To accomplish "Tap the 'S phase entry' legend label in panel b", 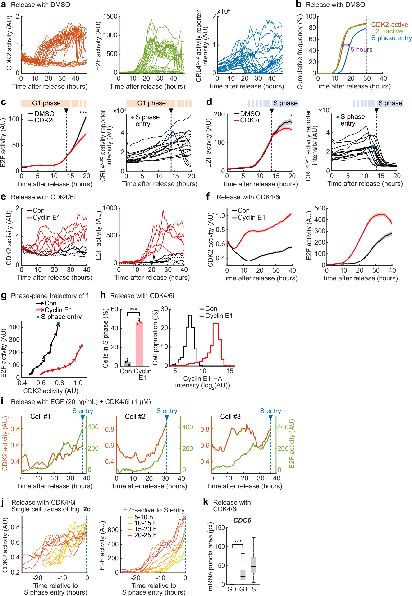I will (x=391, y=38).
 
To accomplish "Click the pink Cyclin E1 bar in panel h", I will (x=139, y=343).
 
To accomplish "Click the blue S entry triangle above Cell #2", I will (x=167, y=418).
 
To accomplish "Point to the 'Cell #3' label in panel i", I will (x=230, y=416).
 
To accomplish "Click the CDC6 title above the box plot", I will (x=242, y=520).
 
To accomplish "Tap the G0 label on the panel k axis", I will (x=232, y=589).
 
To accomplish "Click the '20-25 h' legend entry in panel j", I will (x=145, y=535).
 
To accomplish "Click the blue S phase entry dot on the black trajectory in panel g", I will (x=58, y=323).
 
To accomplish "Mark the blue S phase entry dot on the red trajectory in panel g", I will (x=82, y=346).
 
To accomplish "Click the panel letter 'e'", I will (x=3, y=197).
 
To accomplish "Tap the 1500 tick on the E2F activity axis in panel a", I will (x=110, y=17).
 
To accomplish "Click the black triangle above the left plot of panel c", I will (x=66, y=111).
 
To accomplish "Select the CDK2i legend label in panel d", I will (x=249, y=120).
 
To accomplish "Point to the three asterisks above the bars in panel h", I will (x=133, y=309).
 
